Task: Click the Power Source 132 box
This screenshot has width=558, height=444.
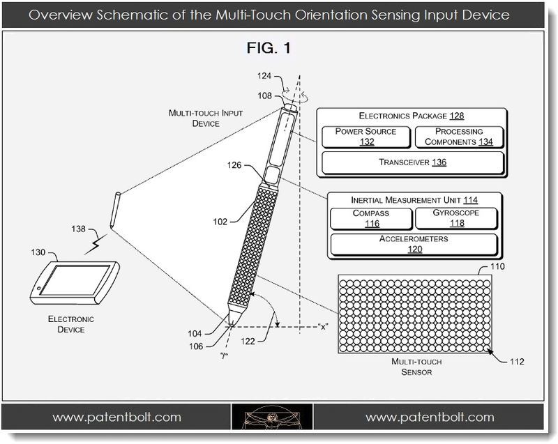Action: click(365, 137)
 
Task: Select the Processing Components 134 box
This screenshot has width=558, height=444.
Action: click(458, 137)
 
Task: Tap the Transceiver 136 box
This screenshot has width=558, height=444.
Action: click(412, 162)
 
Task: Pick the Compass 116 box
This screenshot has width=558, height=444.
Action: click(370, 219)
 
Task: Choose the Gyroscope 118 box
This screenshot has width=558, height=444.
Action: click(456, 219)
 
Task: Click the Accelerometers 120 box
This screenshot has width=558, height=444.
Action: click(414, 244)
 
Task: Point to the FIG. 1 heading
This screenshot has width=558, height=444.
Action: click(268, 49)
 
